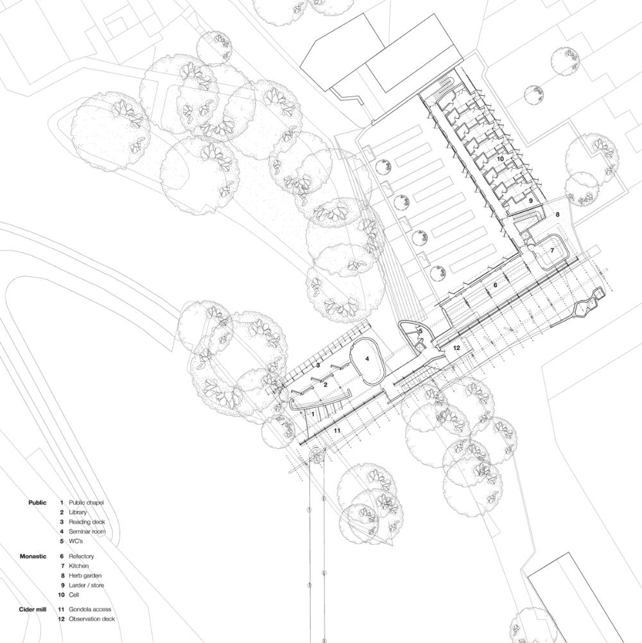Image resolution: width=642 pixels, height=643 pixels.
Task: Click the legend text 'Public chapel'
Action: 86,502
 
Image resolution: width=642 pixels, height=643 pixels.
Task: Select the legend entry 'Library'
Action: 78,512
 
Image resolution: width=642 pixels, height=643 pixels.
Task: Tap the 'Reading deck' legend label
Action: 87,522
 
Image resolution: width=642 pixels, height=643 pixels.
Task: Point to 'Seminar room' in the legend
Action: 87,531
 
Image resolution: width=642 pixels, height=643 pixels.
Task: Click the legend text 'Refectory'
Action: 81,556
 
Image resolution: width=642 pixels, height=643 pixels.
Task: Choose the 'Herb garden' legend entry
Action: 85,576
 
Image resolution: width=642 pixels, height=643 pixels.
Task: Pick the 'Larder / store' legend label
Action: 86,585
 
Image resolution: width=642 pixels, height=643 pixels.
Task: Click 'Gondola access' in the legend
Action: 90,610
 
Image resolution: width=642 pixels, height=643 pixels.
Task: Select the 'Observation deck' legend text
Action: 92,619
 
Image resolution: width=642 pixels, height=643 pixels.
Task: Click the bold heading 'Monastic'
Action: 33,556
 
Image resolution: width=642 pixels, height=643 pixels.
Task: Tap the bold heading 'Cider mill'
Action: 33,610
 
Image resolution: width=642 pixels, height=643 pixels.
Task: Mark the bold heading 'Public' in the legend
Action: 37,502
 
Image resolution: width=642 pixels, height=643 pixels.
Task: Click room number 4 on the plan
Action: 367,359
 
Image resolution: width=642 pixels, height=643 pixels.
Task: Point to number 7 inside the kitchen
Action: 552,250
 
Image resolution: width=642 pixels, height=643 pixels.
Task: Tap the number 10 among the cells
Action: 500,158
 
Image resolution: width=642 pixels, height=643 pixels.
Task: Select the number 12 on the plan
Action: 456,348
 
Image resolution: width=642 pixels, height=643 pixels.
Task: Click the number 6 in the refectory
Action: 495,285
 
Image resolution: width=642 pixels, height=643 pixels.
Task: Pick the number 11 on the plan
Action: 337,430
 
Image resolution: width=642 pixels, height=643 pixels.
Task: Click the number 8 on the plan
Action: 557,214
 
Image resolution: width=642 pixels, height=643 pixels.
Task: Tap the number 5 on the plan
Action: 421,331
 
